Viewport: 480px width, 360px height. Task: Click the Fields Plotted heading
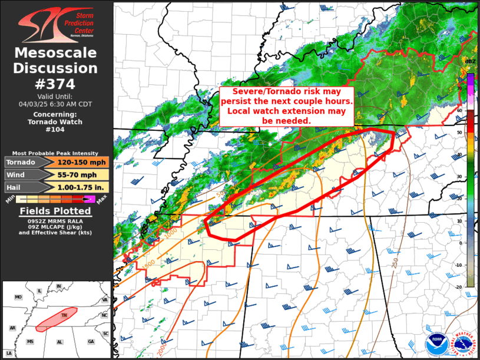pos(55,212)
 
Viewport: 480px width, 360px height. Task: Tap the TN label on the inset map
pos(64,315)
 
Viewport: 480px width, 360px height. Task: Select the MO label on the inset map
pos(18,297)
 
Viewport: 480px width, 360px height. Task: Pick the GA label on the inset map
pos(90,342)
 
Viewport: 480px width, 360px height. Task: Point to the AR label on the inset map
pos(12,328)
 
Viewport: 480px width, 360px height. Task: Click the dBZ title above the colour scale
pos(471,61)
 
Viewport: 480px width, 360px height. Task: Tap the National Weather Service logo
pos(463,345)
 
